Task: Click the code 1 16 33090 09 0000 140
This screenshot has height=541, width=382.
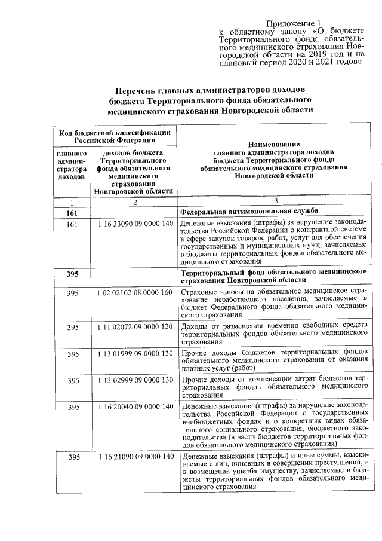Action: pos(135,224)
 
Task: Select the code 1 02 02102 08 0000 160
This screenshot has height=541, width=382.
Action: pos(135,292)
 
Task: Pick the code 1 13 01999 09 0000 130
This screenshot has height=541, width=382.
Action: pos(135,354)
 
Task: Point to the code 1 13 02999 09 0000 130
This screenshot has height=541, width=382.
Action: pos(135,380)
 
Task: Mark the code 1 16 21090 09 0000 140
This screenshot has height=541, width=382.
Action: pos(135,457)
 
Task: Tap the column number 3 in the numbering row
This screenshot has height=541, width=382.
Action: pos(276,201)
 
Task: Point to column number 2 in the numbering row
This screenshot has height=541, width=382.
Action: pos(135,201)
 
